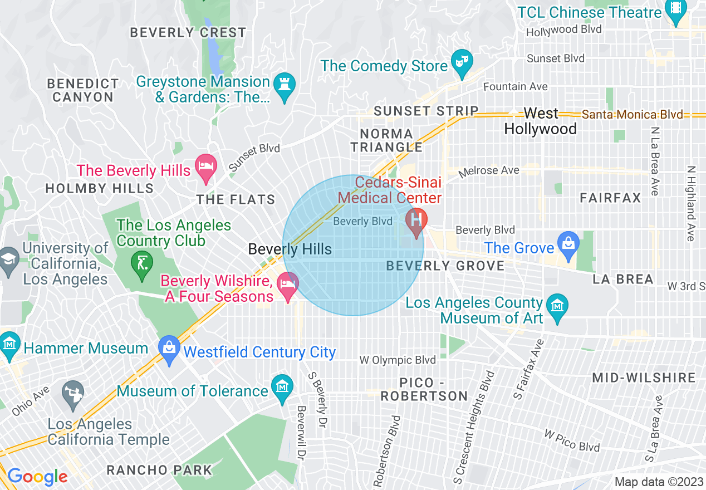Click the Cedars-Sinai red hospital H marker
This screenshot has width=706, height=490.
pos(416,220)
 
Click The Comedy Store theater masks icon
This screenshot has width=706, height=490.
pos(462,60)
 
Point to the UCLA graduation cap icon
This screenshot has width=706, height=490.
pos(9,259)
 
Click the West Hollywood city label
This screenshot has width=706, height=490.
pos(540,121)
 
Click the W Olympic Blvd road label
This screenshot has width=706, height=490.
pos(398,360)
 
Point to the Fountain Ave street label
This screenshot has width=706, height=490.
pos(515,87)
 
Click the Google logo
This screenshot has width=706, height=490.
pos(37,477)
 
